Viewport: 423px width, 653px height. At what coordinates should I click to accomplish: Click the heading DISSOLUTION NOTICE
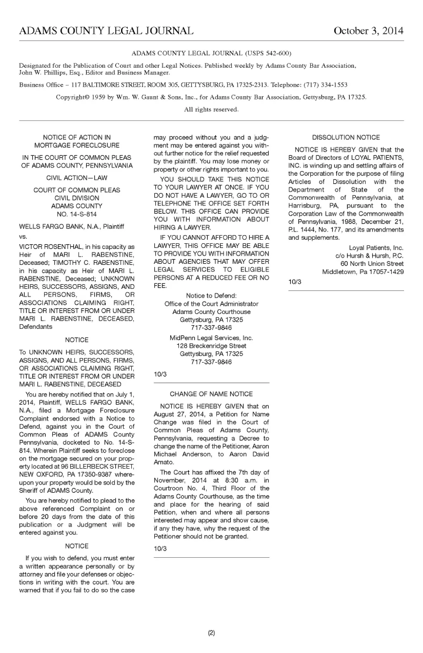(346, 137)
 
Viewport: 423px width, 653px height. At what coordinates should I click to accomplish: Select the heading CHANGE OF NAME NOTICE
(211, 394)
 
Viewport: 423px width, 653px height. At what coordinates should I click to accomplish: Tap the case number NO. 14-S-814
(76, 214)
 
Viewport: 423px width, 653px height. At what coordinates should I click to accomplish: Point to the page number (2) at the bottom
(211, 633)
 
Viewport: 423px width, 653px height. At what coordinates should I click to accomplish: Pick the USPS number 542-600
(277, 53)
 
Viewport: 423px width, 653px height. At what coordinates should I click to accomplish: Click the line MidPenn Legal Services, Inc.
(211, 338)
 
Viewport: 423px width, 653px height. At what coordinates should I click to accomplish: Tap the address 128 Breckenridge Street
(211, 346)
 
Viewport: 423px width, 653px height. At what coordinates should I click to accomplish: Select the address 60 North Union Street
(372, 264)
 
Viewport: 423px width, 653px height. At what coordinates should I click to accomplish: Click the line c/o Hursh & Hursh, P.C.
(369, 256)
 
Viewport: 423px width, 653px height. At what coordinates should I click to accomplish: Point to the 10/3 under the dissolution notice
(295, 282)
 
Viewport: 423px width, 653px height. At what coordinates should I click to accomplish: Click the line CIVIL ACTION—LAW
(76, 178)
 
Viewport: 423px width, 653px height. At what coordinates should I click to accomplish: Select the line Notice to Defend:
(211, 295)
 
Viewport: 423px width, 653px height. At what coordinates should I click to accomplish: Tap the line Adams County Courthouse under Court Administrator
(211, 311)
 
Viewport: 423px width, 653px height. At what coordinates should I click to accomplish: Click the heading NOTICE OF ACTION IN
(76, 137)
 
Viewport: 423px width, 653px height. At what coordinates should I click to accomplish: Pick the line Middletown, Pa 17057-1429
(363, 272)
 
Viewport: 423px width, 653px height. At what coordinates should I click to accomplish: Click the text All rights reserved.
(211, 110)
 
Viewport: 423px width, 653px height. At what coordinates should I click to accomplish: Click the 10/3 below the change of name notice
(160, 549)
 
